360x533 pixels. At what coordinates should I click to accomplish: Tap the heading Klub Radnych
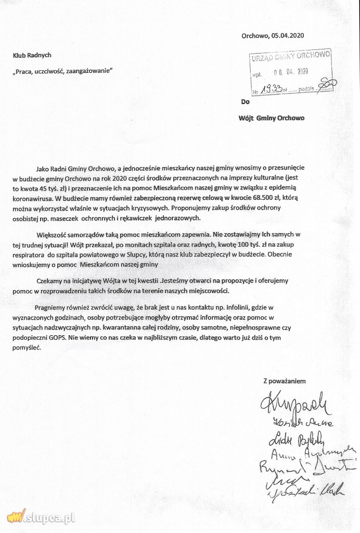(x=32, y=55)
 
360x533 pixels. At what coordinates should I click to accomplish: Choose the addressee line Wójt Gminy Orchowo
(x=271, y=118)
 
